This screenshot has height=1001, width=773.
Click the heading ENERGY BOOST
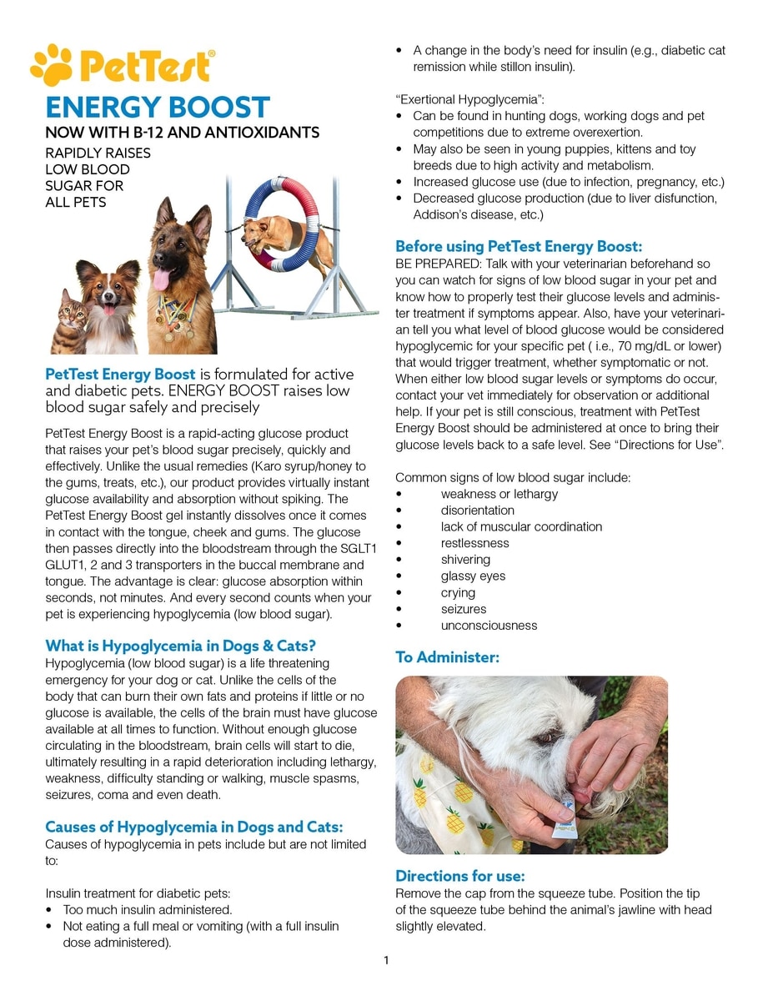pyautogui.click(x=158, y=107)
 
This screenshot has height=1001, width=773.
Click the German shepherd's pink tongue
pyautogui.click(x=162, y=278)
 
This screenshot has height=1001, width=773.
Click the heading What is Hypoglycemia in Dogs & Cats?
pyautogui.click(x=181, y=646)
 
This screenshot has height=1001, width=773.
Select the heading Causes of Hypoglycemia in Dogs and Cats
pyautogui.click(x=194, y=827)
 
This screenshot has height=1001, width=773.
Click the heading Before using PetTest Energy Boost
pyautogui.click(x=519, y=246)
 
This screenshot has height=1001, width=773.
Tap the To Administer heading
pyautogui.click(x=447, y=657)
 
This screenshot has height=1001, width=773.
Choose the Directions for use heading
pyautogui.click(x=460, y=876)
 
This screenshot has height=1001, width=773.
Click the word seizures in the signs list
pyautogui.click(x=464, y=609)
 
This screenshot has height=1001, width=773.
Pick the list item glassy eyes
pyautogui.click(x=473, y=576)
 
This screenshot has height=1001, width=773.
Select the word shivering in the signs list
pyautogui.click(x=465, y=559)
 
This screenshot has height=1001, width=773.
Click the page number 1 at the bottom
pyautogui.click(x=386, y=960)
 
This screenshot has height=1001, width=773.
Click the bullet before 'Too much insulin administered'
pyautogui.click(x=52, y=909)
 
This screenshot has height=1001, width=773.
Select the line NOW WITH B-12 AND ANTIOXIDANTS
pyautogui.click(x=182, y=133)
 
